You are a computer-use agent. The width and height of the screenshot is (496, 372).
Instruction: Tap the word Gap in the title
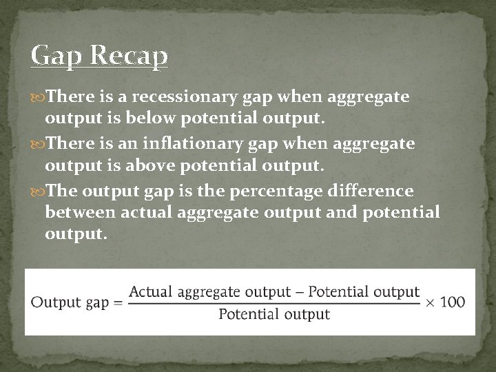tap(56, 56)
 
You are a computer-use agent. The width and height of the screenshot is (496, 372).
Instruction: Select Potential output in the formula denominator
tap(274, 315)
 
